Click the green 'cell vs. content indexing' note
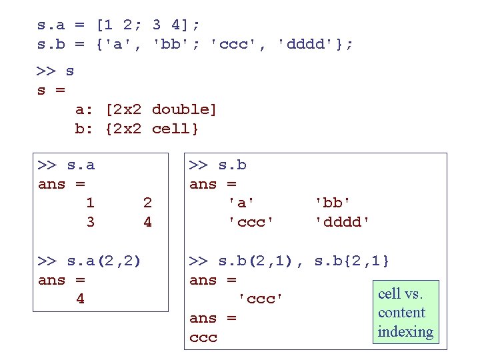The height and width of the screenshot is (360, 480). coord(405,313)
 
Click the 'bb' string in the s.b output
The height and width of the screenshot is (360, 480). coord(333,203)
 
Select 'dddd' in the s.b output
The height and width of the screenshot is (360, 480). coord(342,222)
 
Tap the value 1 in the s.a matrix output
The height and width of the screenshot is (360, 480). coord(90,203)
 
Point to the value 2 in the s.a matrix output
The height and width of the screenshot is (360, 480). coord(147,203)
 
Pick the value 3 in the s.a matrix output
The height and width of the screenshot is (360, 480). coord(90,222)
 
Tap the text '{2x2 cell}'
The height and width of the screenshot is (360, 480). coord(152,129)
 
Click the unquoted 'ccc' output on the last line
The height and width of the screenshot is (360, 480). coord(203,338)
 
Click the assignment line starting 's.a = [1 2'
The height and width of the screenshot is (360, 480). coord(119,25)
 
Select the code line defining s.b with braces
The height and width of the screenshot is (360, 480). coord(195,45)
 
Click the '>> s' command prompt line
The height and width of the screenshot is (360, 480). coord(56,71)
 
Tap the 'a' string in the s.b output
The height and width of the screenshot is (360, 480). coord(241,203)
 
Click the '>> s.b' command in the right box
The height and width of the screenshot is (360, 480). coord(218,165)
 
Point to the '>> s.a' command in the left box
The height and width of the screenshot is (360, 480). coord(67,165)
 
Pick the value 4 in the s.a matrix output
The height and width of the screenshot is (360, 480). coord(147,222)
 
